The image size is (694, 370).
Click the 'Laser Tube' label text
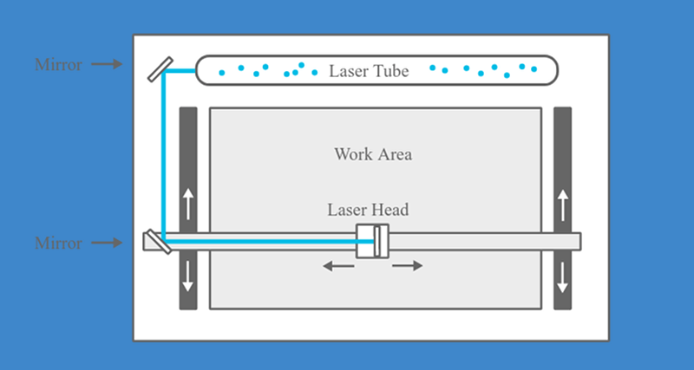[367, 70]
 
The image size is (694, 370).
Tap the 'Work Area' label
[373, 155]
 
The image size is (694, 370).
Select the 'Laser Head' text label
[368, 210]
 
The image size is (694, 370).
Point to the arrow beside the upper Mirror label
[107, 64]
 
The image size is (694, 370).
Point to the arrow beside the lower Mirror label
[107, 243]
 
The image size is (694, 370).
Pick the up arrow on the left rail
[188, 204]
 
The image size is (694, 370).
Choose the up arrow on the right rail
[562, 204]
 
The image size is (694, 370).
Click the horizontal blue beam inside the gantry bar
[260, 242]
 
